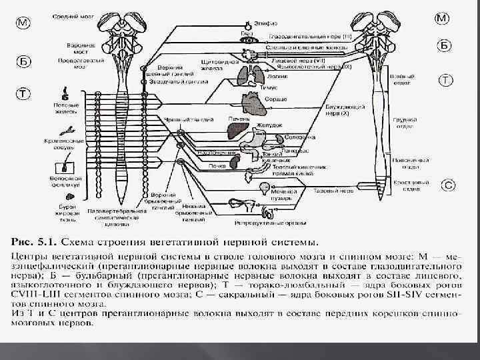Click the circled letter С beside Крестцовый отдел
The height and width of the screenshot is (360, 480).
449,185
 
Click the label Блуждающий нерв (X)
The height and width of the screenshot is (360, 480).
344,109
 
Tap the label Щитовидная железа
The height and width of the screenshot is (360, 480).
215,65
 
